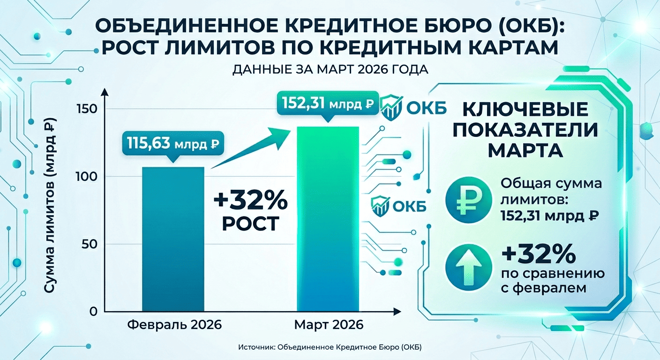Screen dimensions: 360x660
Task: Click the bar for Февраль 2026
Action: (x=173, y=239)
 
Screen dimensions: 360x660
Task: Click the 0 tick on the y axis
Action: (x=93, y=312)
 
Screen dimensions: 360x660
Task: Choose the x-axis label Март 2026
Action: (x=329, y=325)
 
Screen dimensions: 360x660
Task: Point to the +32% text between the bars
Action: (x=251, y=202)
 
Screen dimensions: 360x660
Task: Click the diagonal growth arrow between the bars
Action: (x=248, y=150)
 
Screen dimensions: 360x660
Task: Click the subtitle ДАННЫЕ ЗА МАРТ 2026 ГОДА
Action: (x=330, y=70)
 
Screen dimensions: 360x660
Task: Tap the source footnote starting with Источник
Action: (x=330, y=347)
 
